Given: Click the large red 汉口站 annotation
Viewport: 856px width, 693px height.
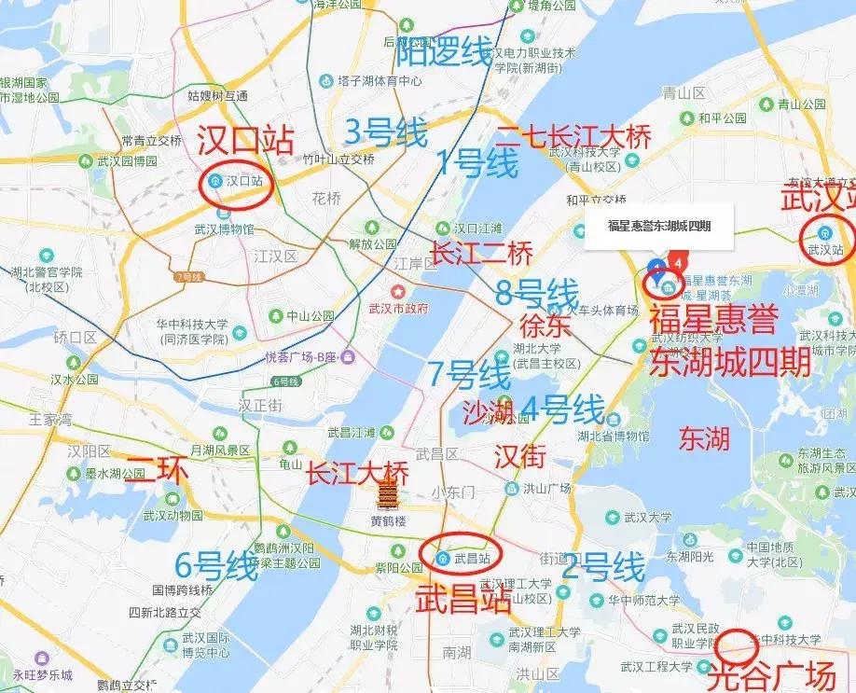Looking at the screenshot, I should pyautogui.click(x=246, y=141).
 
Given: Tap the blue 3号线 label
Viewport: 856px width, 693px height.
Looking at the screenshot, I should pyautogui.click(x=386, y=132).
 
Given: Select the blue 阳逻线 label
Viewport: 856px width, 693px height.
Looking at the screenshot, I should pyautogui.click(x=444, y=52).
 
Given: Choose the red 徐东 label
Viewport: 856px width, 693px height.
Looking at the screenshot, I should pyautogui.click(x=545, y=326).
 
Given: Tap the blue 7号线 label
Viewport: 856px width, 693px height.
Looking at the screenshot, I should pyautogui.click(x=469, y=374).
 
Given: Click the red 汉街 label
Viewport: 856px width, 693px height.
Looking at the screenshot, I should pyautogui.click(x=518, y=456).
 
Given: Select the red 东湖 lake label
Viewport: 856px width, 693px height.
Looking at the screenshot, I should pyautogui.click(x=704, y=439).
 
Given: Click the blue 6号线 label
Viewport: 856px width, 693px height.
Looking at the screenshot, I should pyautogui.click(x=216, y=565).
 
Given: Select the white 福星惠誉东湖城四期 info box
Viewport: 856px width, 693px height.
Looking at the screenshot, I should pyautogui.click(x=658, y=225).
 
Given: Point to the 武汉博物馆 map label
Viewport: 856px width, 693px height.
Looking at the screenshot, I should pyautogui.click(x=225, y=229).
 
